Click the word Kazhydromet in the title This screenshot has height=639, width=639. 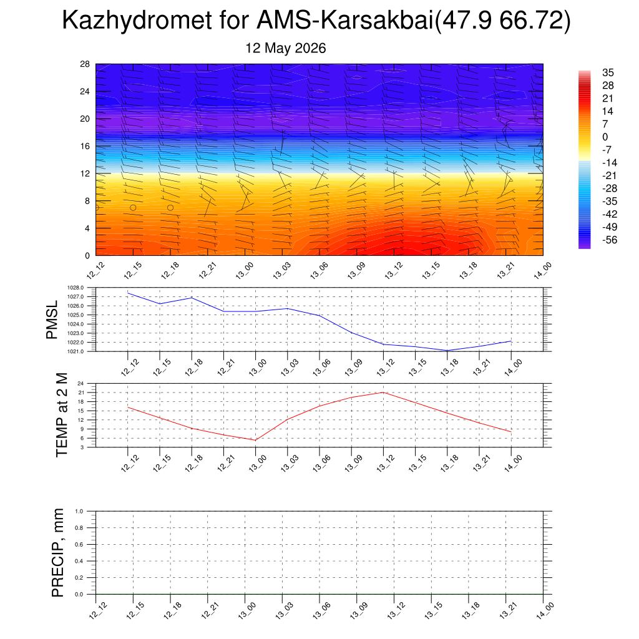tap(137, 20)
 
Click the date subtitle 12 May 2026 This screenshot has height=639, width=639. tap(285, 48)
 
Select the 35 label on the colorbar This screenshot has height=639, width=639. tap(608, 72)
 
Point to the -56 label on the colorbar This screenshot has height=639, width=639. tap(610, 240)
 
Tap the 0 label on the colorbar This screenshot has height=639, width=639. tap(605, 137)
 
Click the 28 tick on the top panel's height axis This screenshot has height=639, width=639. tap(85, 64)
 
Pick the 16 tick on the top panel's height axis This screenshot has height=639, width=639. tap(85, 146)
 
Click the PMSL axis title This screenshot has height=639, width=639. tap(52, 320)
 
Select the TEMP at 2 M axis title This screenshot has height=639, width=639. tap(62, 415)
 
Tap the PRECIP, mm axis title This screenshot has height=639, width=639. tap(58, 553)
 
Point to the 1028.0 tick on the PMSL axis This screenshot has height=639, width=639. tap(76, 288)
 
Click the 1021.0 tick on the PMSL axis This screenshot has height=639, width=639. tap(76, 351)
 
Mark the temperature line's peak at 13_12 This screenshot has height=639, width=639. tap(383, 393)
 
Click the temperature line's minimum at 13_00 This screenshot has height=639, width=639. tap(255, 440)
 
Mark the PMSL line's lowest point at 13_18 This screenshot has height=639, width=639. tap(447, 351)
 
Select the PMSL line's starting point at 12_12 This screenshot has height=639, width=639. tap(128, 293)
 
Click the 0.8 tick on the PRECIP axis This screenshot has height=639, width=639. tap(79, 528)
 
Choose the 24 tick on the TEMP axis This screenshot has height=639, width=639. tap(80, 384)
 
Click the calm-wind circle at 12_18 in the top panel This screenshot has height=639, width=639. tap(170, 208)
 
